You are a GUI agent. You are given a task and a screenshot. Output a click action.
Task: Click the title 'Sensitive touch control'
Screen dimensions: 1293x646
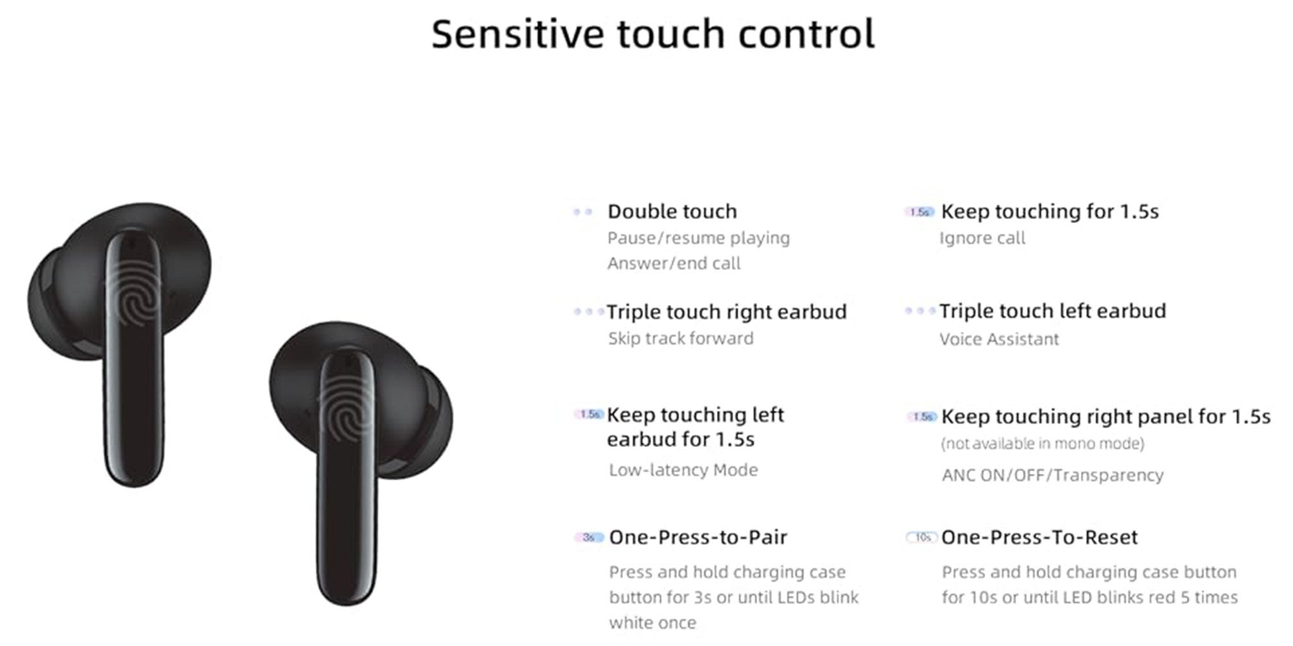click(653, 34)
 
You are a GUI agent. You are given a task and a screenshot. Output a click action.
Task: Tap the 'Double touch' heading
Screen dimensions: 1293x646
click(672, 211)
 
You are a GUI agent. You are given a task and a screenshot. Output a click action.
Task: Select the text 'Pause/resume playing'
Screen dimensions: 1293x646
click(698, 238)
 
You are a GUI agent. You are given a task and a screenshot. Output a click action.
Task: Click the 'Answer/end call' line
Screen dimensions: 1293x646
click(674, 264)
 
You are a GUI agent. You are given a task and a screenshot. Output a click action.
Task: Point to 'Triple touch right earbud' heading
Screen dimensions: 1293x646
click(727, 312)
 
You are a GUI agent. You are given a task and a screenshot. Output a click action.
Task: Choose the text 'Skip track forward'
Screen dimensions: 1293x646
click(681, 339)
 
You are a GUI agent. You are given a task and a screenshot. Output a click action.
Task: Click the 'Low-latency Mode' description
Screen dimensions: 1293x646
click(683, 470)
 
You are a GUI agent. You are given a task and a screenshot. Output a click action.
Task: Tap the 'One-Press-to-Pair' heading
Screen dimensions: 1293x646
click(698, 537)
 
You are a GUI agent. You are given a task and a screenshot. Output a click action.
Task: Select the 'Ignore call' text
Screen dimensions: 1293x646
click(982, 238)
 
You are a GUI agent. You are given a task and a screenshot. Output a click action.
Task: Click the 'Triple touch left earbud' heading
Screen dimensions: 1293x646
click(1053, 311)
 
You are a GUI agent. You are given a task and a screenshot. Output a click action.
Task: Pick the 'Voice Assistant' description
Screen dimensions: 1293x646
click(999, 339)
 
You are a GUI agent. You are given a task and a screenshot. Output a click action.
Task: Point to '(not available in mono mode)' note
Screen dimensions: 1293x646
click(1042, 444)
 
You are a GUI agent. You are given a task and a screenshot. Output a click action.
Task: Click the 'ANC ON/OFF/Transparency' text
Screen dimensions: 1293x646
click(1053, 475)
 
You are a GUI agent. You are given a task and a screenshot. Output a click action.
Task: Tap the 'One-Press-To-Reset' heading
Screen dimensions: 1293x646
click(1039, 537)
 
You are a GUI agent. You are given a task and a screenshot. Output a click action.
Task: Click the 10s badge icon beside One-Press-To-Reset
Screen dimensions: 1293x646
click(922, 537)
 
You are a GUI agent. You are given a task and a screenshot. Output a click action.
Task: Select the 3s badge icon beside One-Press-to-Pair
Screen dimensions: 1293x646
click(589, 537)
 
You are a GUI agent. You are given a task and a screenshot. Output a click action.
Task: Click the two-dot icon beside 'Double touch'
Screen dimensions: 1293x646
click(582, 212)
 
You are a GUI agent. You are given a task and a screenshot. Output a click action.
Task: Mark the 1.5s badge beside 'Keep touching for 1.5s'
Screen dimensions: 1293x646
click(919, 212)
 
